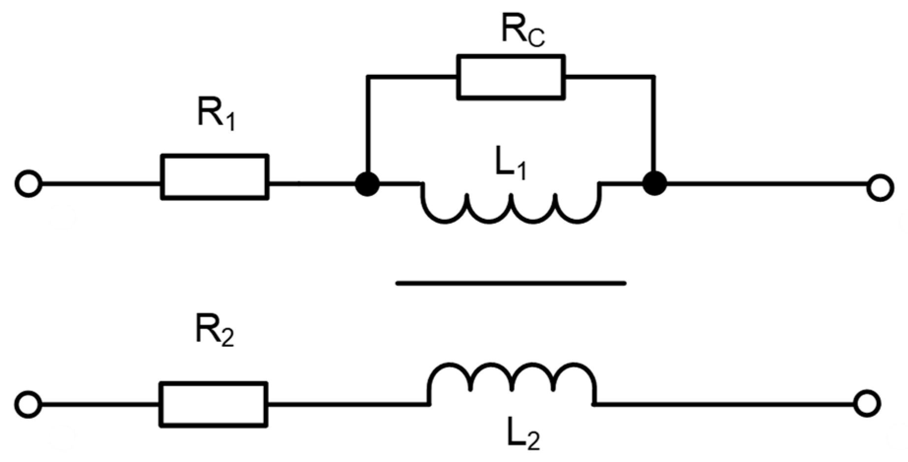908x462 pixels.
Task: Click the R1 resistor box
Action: [x=215, y=177]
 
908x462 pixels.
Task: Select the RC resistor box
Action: [x=511, y=77]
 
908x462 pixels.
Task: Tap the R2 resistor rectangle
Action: [x=213, y=403]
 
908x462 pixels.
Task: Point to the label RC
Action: [x=522, y=31]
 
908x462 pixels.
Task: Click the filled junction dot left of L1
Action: [x=367, y=184]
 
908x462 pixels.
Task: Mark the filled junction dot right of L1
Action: [x=655, y=184]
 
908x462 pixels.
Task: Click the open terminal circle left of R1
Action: [x=28, y=184]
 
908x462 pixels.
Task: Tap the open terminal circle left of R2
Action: [x=28, y=404]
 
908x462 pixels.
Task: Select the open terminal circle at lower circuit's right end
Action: [x=867, y=404]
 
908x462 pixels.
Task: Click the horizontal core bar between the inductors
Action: [x=511, y=283]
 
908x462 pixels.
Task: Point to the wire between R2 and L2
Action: [x=347, y=404]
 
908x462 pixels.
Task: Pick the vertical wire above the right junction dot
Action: [x=654, y=128]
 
